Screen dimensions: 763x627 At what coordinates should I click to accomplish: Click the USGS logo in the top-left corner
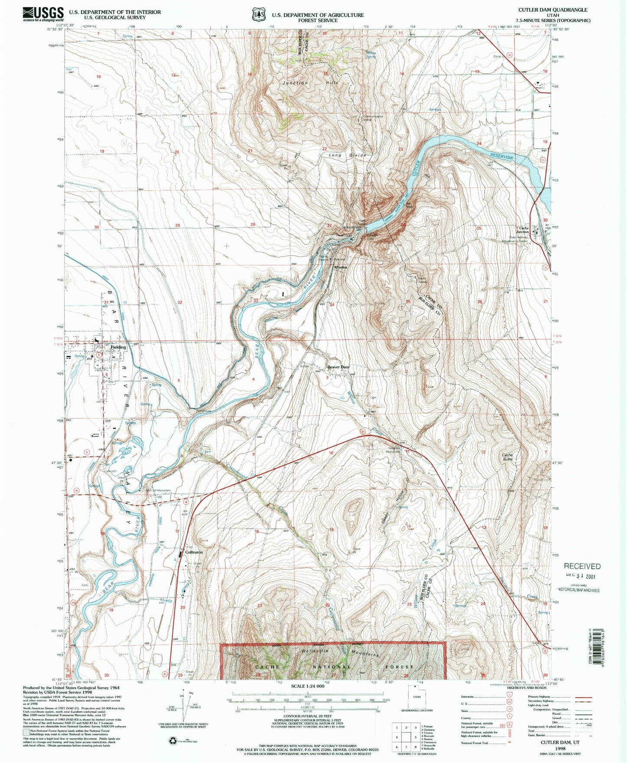[x=43, y=14]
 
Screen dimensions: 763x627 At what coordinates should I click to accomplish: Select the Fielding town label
[x=118, y=347]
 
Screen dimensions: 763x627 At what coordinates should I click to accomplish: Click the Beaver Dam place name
[x=338, y=367]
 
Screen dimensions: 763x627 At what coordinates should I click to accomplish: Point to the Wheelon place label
[x=341, y=267]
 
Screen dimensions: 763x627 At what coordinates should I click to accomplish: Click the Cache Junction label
[x=524, y=230]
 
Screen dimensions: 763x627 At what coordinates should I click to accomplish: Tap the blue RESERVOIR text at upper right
[x=502, y=155]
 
